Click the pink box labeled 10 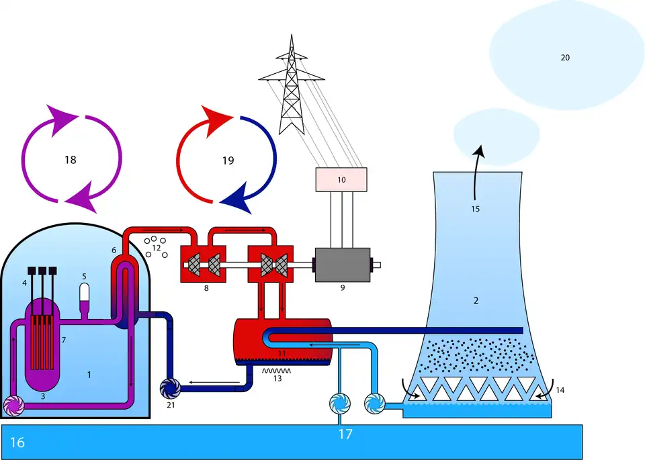[x=341, y=179]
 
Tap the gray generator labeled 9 [x=342, y=263]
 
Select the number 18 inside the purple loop [x=71, y=160]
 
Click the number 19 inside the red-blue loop [x=228, y=160]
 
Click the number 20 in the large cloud [x=565, y=58]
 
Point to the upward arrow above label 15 [x=476, y=168]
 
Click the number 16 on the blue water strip [x=17, y=443]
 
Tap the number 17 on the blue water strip [x=345, y=434]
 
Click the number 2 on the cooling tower [x=476, y=300]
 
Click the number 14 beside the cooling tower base [x=561, y=390]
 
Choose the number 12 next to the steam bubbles [x=157, y=248]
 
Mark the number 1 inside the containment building [x=89, y=374]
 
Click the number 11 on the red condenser [x=283, y=353]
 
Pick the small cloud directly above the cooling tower [x=497, y=131]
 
